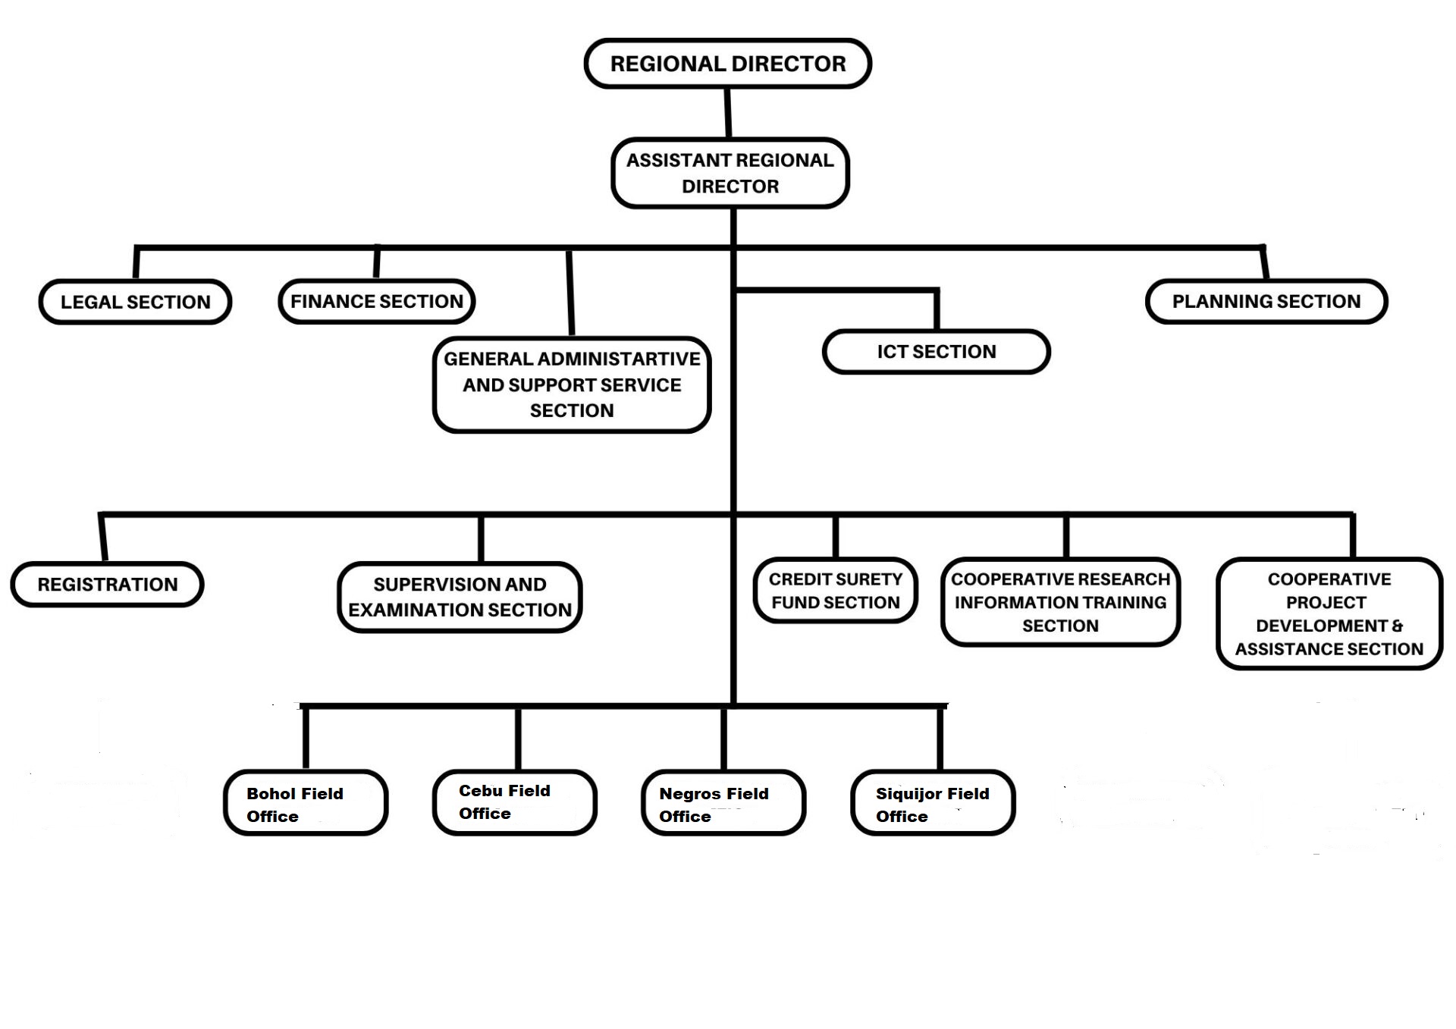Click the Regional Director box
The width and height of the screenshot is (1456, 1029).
[x=728, y=64]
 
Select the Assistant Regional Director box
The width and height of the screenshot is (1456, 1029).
[x=730, y=173]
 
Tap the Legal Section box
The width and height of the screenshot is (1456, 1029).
[x=136, y=302]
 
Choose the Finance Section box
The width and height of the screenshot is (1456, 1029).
[x=377, y=301]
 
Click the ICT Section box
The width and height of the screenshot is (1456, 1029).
[x=937, y=352]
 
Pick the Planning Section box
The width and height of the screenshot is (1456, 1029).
[x=1266, y=301]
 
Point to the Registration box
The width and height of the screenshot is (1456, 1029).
[x=108, y=585]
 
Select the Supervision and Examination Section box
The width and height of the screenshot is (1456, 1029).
[x=460, y=597]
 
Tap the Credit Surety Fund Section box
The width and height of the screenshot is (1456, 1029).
[x=836, y=591]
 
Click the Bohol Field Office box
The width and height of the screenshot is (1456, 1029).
[x=306, y=803]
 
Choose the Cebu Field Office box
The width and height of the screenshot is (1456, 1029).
[x=515, y=803]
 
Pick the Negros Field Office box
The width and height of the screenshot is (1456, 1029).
[x=723, y=803]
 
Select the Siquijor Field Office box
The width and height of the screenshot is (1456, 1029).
[x=933, y=803]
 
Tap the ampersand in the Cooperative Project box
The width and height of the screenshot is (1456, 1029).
[x=1397, y=626]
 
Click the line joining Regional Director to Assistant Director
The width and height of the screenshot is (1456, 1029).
[x=728, y=114]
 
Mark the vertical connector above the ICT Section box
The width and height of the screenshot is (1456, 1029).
[x=937, y=310]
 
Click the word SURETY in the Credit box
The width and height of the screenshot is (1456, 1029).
[x=867, y=579]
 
